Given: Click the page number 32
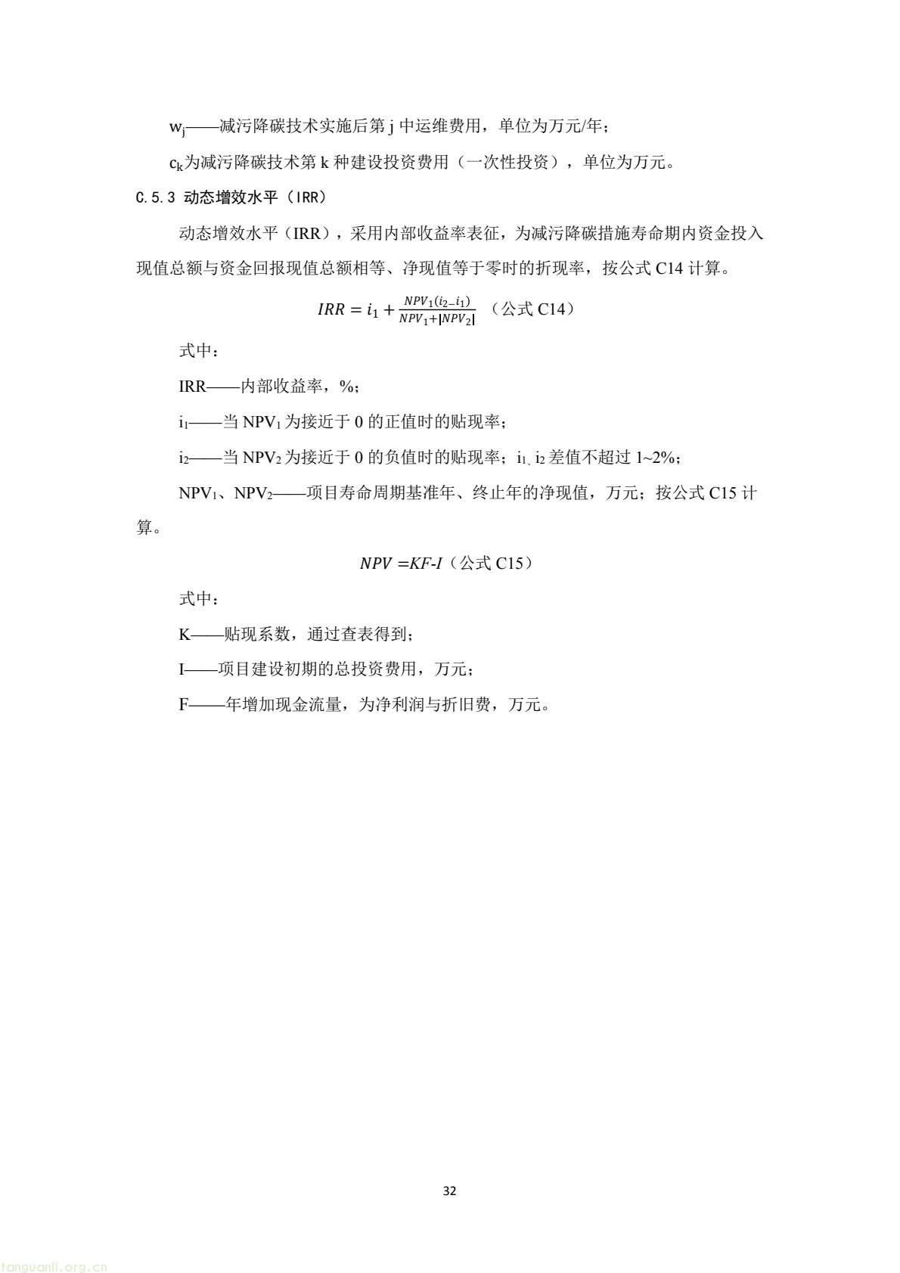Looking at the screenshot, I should point(449,1191).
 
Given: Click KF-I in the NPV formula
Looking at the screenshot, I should point(426,564).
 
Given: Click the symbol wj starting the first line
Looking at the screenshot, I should point(178,127).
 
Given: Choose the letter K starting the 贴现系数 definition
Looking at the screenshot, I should point(185,635).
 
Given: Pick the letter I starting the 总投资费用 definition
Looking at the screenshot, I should point(182,669).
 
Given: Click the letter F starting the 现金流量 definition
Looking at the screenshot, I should point(183,705).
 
